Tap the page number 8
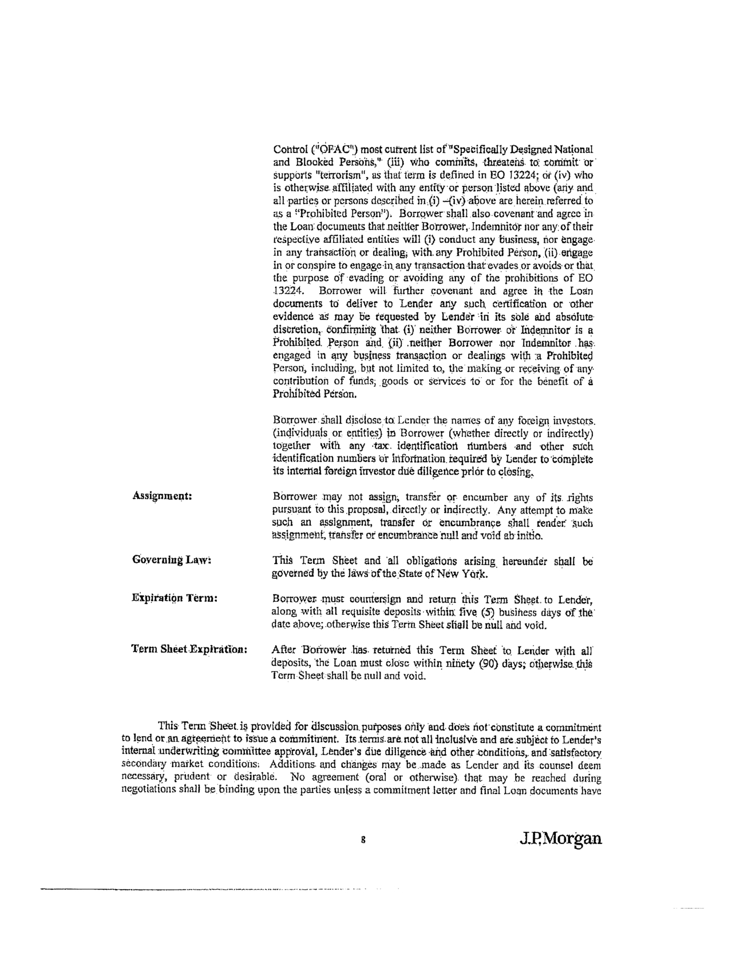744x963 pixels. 363,840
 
